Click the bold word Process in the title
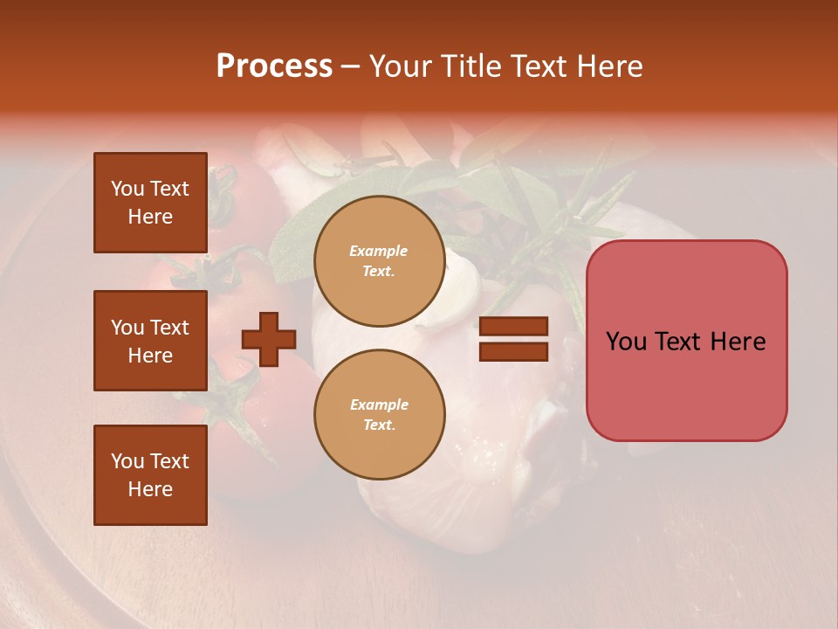(x=274, y=66)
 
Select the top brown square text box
(x=150, y=203)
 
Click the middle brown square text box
(x=150, y=341)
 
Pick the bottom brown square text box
(x=150, y=474)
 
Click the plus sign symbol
(x=269, y=340)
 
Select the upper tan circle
(x=379, y=260)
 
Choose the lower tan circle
(x=379, y=414)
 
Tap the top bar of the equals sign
(x=513, y=327)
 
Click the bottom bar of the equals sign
(x=513, y=351)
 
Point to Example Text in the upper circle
(x=379, y=260)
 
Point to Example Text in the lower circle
(x=379, y=414)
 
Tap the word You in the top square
(x=127, y=189)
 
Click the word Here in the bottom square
(x=150, y=489)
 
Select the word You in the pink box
(x=626, y=342)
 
